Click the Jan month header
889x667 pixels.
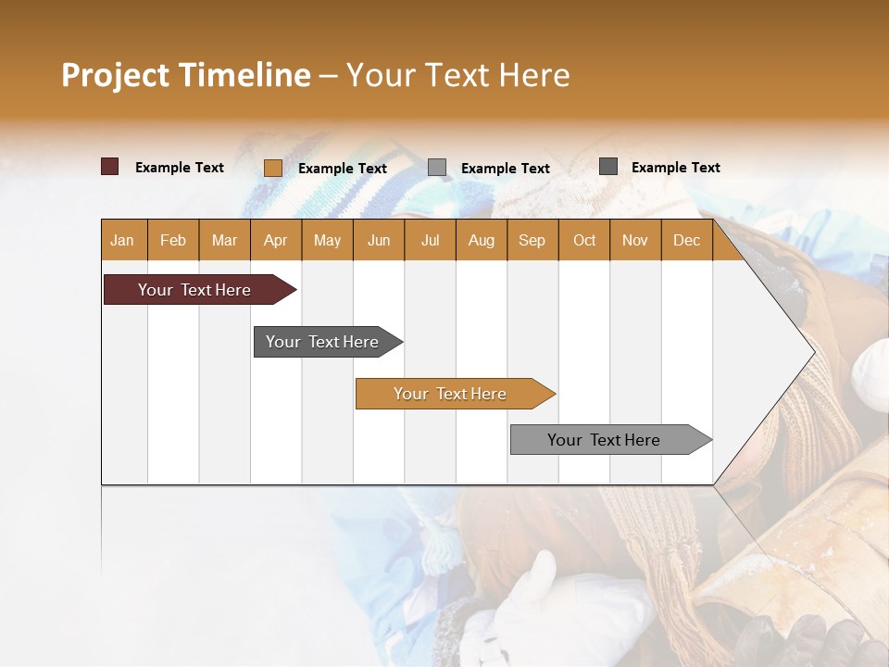point(123,240)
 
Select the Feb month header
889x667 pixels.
point(173,240)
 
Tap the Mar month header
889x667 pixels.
point(224,240)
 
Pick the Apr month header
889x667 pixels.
point(276,240)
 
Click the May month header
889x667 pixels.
point(327,240)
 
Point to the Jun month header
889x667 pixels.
point(379,240)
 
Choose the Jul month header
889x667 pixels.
point(430,240)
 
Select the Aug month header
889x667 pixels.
point(482,240)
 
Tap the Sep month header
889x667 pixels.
point(532,240)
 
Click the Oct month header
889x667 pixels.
point(584,240)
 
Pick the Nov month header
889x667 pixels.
point(635,240)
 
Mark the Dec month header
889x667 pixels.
point(687,240)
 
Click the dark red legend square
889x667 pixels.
point(110,167)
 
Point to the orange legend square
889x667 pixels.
point(273,168)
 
